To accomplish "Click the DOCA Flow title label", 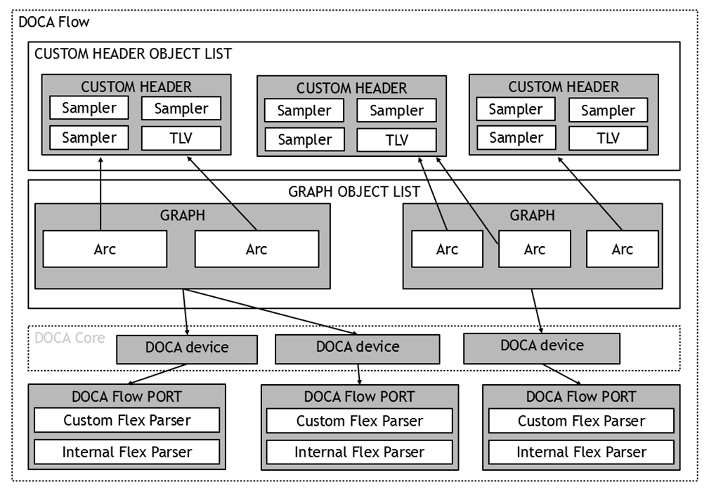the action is [54, 22].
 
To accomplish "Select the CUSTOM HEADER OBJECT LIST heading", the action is [133, 54].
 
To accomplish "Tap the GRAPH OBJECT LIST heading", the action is [354, 192].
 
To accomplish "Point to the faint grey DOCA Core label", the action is [70, 338].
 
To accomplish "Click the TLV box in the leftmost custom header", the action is [181, 138].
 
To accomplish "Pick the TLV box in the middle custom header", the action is [396, 140].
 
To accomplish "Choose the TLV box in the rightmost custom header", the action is [609, 138].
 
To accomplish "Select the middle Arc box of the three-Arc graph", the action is [535, 249].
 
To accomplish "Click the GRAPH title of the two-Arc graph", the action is [183, 215].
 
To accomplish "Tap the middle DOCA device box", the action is [357, 349].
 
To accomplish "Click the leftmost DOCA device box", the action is [187, 350].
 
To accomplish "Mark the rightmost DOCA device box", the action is [542, 349].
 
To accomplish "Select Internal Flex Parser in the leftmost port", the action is [127, 452].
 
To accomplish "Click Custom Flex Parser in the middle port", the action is [360, 421].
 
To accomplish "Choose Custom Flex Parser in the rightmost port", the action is [582, 421].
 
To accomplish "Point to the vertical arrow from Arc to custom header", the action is [100, 193].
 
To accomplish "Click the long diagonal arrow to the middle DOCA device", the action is [271, 312].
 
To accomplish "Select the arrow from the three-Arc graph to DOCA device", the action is [537, 311].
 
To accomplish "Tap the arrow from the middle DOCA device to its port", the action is [359, 374].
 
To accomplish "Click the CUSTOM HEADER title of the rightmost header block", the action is [564, 87].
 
